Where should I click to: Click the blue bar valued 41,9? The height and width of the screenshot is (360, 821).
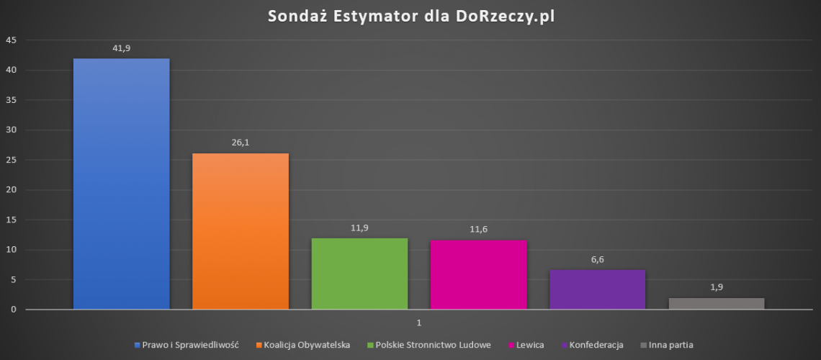click(x=121, y=184)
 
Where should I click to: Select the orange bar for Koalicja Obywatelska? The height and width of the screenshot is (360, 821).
click(x=241, y=231)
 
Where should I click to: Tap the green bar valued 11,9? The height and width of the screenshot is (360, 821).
click(x=359, y=274)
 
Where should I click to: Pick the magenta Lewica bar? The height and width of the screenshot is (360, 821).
click(x=478, y=274)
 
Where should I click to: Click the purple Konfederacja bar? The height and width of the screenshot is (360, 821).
click(x=597, y=289)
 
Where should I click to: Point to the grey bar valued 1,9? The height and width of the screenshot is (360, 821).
click(x=716, y=304)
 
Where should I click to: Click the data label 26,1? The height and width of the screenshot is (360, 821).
click(x=241, y=142)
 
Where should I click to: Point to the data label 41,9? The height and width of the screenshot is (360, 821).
click(x=121, y=48)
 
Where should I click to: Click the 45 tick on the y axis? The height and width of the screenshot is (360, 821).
click(x=11, y=40)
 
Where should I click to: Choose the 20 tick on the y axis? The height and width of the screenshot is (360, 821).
click(x=11, y=190)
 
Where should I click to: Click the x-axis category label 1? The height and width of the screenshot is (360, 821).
click(x=418, y=322)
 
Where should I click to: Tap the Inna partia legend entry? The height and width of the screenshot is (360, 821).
click(x=670, y=345)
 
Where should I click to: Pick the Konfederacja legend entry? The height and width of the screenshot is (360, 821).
click(x=596, y=345)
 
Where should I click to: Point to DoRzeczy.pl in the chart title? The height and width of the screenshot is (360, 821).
click(x=504, y=17)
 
